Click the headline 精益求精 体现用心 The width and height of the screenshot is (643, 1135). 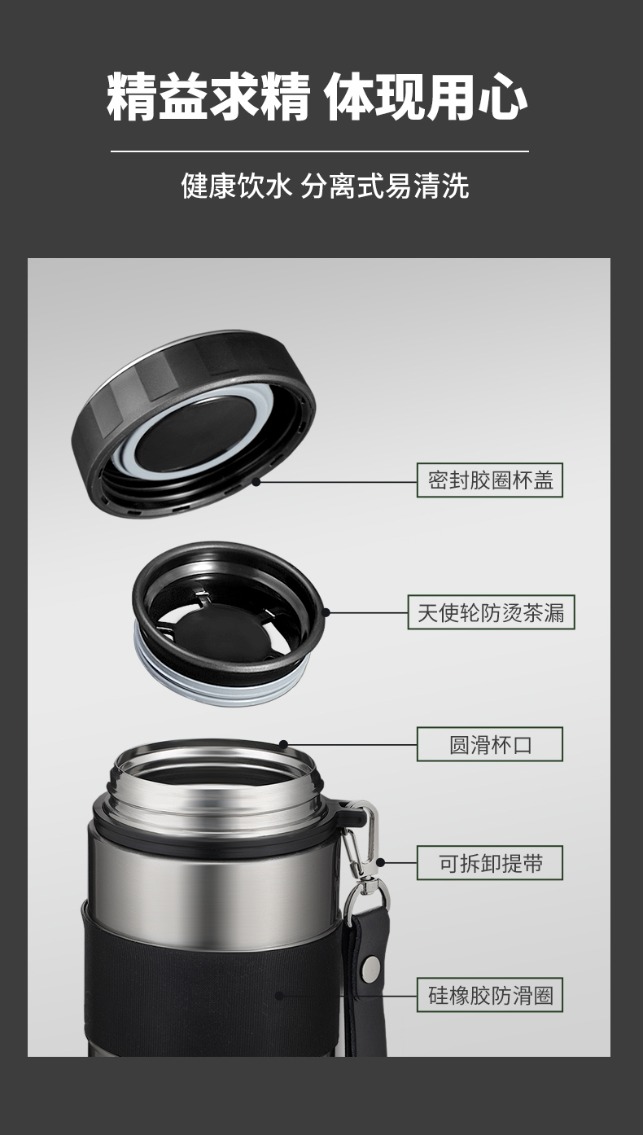pyautogui.click(x=317, y=96)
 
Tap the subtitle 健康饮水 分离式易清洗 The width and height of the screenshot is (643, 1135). pyautogui.click(x=325, y=186)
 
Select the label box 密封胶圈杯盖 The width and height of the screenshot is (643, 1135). pyautogui.click(x=489, y=480)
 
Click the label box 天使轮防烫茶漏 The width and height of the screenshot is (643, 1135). pyautogui.click(x=491, y=612)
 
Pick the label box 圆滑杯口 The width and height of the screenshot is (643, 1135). pyautogui.click(x=489, y=744)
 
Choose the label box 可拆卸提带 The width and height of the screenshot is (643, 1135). pyautogui.click(x=489, y=863)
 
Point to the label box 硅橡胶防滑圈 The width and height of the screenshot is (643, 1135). pyautogui.click(x=489, y=995)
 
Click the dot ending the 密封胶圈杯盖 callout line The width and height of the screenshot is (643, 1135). pyautogui.click(x=256, y=481)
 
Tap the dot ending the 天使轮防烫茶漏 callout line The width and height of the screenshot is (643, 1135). pyautogui.click(x=326, y=612)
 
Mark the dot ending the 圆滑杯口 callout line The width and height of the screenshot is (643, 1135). pyautogui.click(x=283, y=744)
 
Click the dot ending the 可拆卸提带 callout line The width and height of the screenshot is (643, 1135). pyautogui.click(x=380, y=862)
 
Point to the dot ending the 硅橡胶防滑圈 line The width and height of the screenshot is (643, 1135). pyautogui.click(x=278, y=996)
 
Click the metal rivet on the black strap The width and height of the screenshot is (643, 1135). pyautogui.click(x=372, y=966)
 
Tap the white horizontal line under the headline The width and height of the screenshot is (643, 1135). pyautogui.click(x=320, y=151)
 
